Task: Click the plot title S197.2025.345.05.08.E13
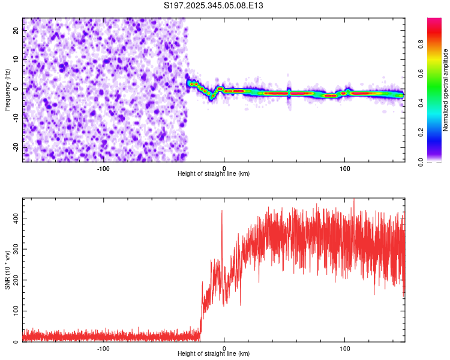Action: click(214, 5)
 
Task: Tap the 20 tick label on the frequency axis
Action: click(16, 32)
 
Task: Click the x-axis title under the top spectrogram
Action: click(214, 173)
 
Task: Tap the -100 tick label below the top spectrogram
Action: click(103, 167)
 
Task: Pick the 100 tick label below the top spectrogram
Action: click(345, 167)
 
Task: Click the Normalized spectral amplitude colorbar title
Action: click(446, 90)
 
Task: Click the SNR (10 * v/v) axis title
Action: click(7, 270)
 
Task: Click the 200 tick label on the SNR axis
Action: click(13, 280)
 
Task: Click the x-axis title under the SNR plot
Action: click(214, 353)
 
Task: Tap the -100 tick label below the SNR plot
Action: click(103, 347)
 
